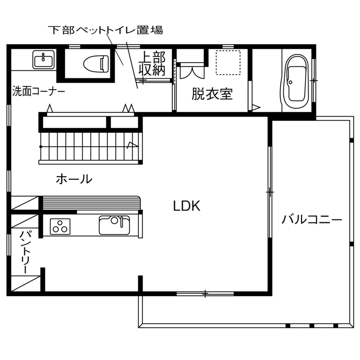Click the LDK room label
point(187,206)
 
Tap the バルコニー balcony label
point(312,220)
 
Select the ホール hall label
point(74,179)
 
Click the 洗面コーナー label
point(39,91)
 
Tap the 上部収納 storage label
point(152,63)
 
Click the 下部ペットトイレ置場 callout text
point(105,30)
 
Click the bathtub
point(296,82)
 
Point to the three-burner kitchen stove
point(60,226)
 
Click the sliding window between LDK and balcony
point(270,193)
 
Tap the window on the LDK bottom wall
point(205,294)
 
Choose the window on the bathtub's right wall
point(314,80)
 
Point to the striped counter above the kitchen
point(92,203)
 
